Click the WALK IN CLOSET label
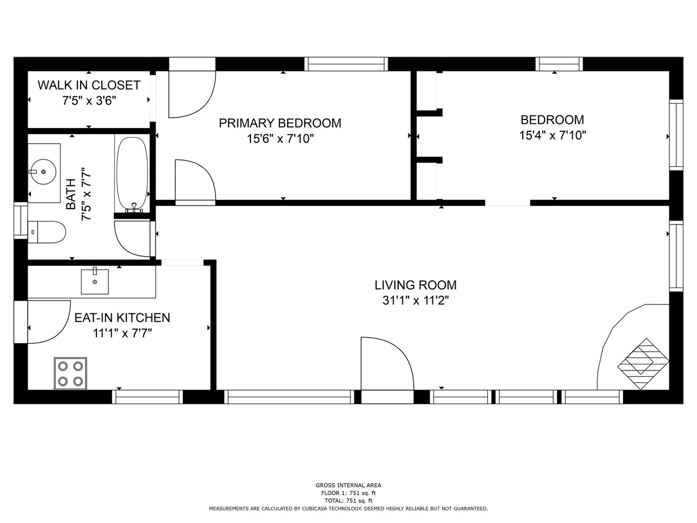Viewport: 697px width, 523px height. pyautogui.click(x=89, y=85)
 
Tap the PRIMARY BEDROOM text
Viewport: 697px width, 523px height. pyautogui.click(x=280, y=123)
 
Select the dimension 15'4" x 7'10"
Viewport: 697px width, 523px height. pyautogui.click(x=553, y=135)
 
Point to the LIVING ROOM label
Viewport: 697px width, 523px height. pyautogui.click(x=415, y=285)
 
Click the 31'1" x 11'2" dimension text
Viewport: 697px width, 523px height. pyautogui.click(x=415, y=300)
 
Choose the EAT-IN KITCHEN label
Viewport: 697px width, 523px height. pyautogui.click(x=123, y=318)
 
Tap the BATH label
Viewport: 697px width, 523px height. pyautogui.click(x=71, y=194)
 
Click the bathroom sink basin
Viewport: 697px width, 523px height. pyautogui.click(x=43, y=172)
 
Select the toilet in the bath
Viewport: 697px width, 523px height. pyautogui.click(x=47, y=232)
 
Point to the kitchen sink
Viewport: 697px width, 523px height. pyautogui.click(x=95, y=282)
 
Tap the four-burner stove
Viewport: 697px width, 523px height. pyautogui.click(x=70, y=373)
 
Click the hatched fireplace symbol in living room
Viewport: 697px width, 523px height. pyautogui.click(x=643, y=364)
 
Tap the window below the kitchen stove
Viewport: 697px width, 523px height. pyautogui.click(x=148, y=397)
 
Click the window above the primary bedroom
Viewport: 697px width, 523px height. pyautogui.click(x=346, y=64)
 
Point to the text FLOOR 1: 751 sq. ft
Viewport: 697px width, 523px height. pyautogui.click(x=348, y=493)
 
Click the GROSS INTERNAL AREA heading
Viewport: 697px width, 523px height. pyautogui.click(x=348, y=485)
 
